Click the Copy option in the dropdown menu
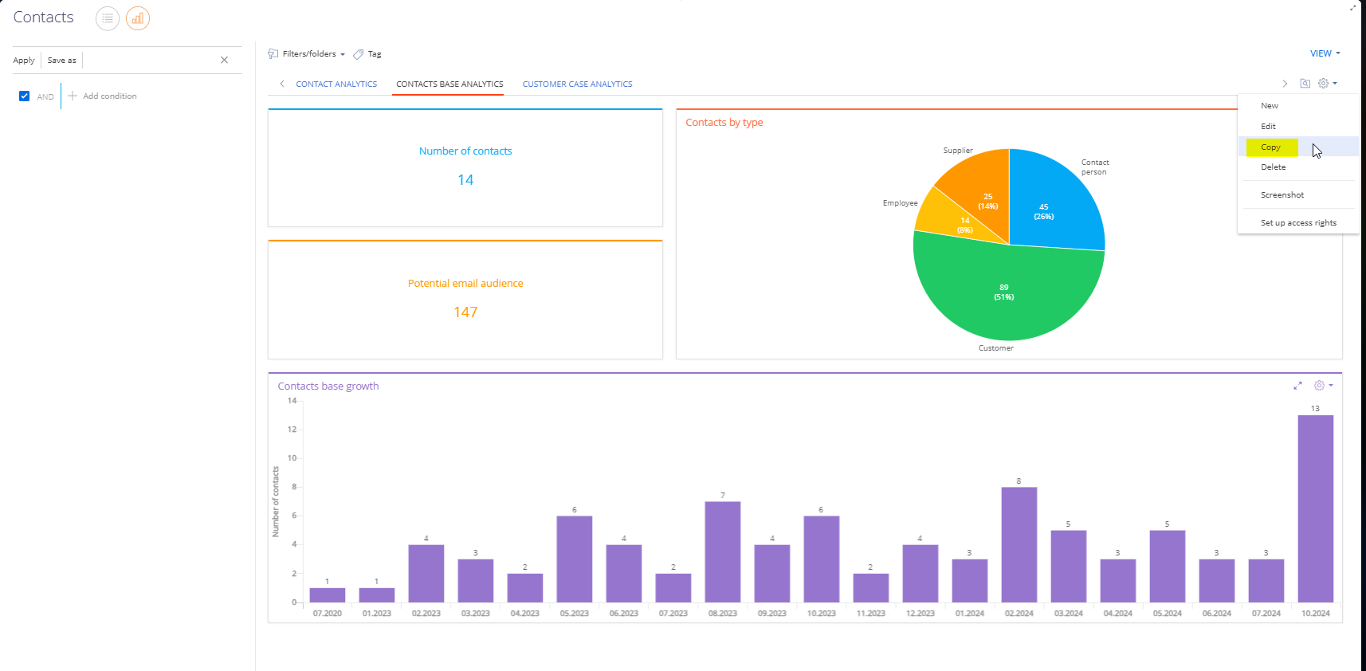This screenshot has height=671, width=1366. (x=1271, y=147)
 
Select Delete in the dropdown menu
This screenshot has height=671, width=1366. (x=1274, y=167)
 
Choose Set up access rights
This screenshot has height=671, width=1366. (x=1298, y=222)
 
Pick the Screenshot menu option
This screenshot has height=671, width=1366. (x=1282, y=194)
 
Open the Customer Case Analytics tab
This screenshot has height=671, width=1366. (x=577, y=84)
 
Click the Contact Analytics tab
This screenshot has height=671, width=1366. (x=336, y=84)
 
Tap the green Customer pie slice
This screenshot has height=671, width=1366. (x=1007, y=292)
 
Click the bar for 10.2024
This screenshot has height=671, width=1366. (x=1315, y=508)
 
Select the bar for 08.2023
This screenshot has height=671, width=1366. (x=723, y=552)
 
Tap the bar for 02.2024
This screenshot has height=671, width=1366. (x=1019, y=545)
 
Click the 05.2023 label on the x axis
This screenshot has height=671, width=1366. (x=574, y=613)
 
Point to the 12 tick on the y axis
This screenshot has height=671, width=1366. (x=292, y=430)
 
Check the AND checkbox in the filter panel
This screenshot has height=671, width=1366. (x=25, y=96)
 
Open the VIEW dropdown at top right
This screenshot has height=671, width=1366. (x=1325, y=53)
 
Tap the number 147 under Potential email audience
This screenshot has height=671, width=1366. (x=465, y=312)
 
